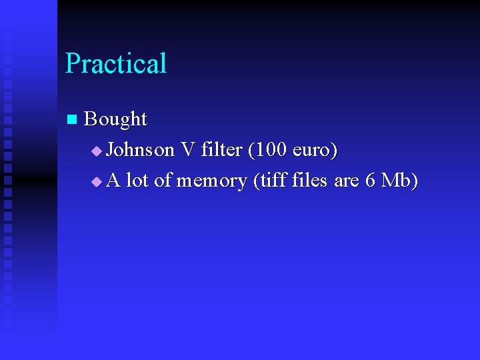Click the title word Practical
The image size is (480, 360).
pyautogui.click(x=116, y=64)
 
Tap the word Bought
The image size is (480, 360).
pyautogui.click(x=116, y=119)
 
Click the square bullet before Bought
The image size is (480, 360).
pyautogui.click(x=72, y=120)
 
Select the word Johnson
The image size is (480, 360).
pyautogui.click(x=141, y=150)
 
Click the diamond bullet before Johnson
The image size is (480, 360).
pyautogui.click(x=97, y=151)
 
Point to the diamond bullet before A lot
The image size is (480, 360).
pyautogui.click(x=97, y=181)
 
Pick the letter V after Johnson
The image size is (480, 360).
pyautogui.click(x=187, y=150)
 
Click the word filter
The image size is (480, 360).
pyautogui.click(x=220, y=150)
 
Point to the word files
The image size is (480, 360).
pyautogui.click(x=310, y=180)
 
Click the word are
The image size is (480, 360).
pyautogui.click(x=347, y=181)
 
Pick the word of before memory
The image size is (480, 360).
pyautogui.click(x=163, y=180)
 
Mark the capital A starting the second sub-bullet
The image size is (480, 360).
pyautogui.click(x=113, y=180)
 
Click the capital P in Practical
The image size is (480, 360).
pyautogui.click(x=72, y=64)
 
